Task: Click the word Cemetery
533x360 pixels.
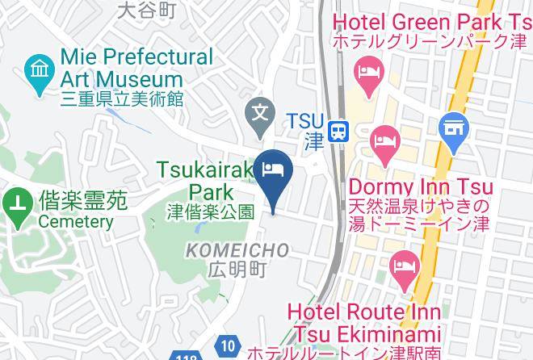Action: tap(75, 221)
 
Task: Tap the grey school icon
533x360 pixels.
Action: tap(260, 108)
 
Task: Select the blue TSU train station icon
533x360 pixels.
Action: tap(341, 130)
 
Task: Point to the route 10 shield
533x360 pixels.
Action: tap(228, 346)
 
